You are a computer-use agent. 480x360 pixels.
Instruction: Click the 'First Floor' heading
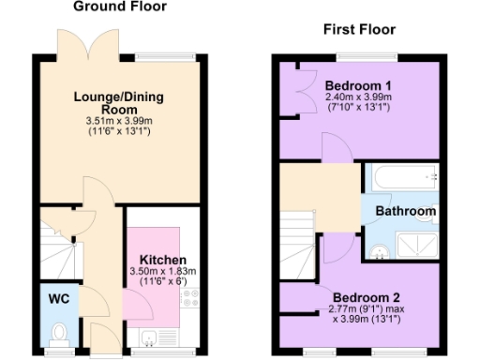[357, 28]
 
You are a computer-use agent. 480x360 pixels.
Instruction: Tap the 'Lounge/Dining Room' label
[119, 102]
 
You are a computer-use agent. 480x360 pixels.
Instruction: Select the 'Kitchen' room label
[163, 260]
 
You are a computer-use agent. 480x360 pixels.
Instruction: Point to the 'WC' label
[59, 301]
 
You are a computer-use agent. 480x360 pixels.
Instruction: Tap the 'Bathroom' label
[406, 212]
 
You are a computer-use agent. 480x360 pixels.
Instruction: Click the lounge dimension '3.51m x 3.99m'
[119, 121]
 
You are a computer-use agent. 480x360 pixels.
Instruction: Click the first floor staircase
[299, 240]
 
